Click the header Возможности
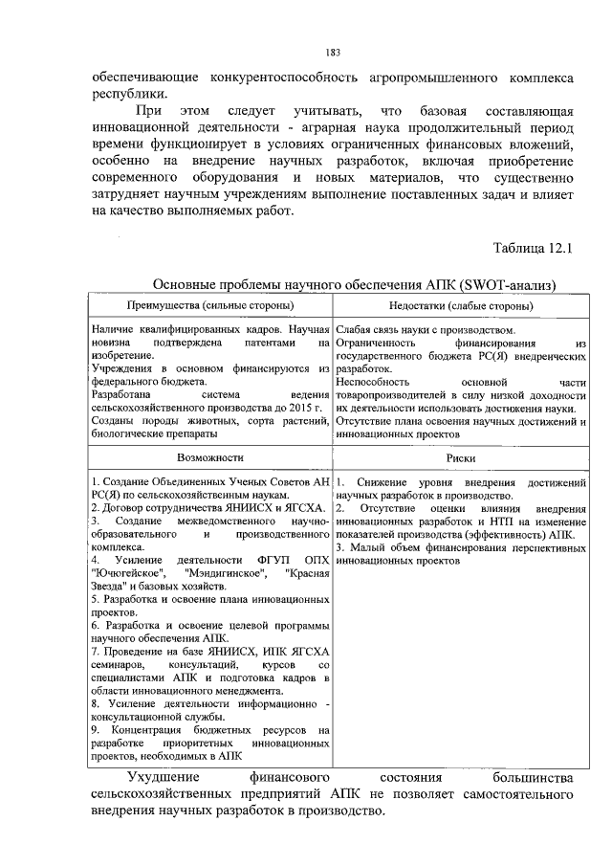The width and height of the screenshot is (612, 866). pos(209,458)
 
